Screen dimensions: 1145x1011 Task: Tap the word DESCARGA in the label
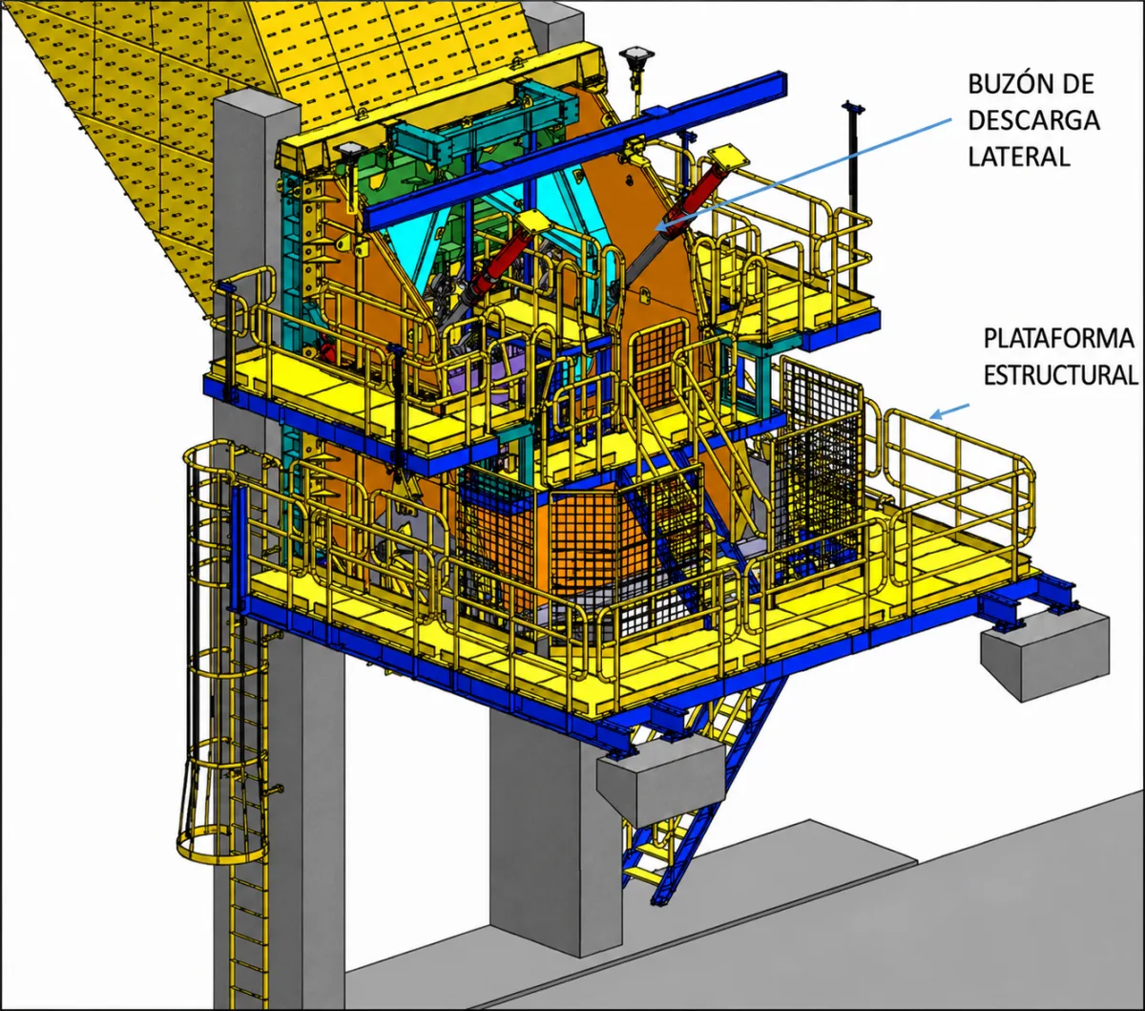tap(1033, 120)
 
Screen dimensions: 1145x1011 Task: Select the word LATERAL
tap(1019, 157)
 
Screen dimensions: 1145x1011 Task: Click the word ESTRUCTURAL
tap(1061, 375)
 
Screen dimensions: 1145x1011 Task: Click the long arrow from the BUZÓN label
tap(804, 174)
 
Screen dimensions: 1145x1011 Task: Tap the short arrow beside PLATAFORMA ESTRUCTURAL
tap(949, 411)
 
